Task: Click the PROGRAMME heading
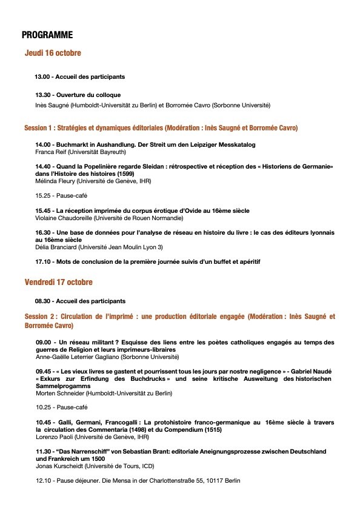47,35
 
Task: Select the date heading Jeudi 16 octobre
53,53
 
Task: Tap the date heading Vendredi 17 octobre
59,283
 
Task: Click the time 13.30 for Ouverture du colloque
43,95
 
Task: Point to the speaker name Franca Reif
52,152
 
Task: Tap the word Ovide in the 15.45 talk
181,210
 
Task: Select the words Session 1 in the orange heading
39,129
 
